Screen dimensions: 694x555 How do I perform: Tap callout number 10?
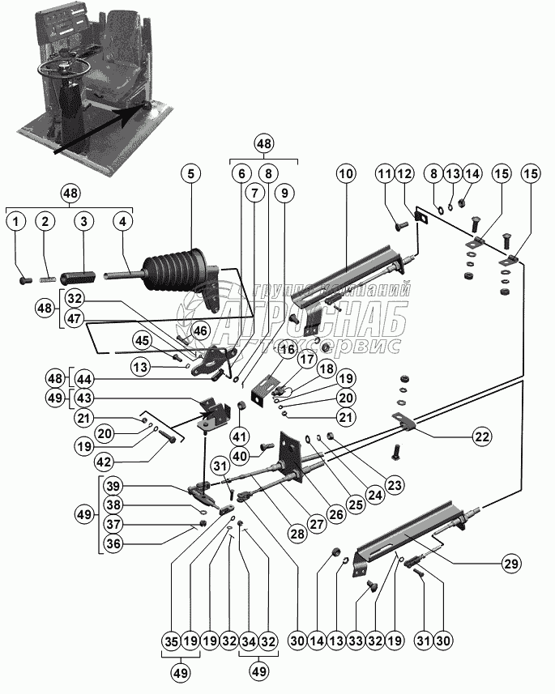pos(346,172)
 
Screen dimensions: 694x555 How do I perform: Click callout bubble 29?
pos(510,563)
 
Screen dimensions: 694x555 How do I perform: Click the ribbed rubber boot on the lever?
pos(173,272)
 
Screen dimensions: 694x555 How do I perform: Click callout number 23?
pos(395,487)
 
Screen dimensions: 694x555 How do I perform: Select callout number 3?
pos(81,220)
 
